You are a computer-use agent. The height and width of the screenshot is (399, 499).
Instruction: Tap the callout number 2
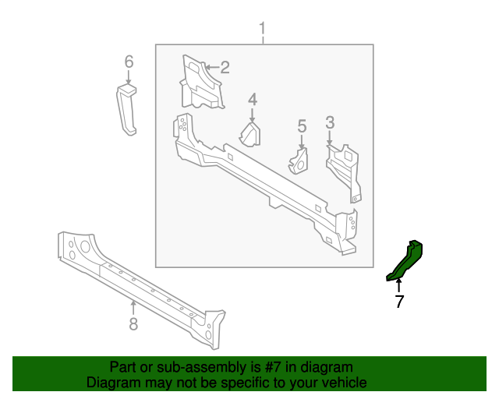[x=225, y=68]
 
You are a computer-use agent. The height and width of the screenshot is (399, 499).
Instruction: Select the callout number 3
[x=330, y=122]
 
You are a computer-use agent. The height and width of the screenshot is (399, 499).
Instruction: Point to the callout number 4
[x=253, y=99]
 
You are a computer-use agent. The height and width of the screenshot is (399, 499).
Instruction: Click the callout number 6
[x=129, y=62]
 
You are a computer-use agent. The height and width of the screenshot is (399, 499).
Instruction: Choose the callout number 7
[x=399, y=302]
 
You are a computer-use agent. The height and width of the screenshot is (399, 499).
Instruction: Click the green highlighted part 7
[x=407, y=260]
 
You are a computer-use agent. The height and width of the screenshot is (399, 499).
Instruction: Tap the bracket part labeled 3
[x=345, y=167]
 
